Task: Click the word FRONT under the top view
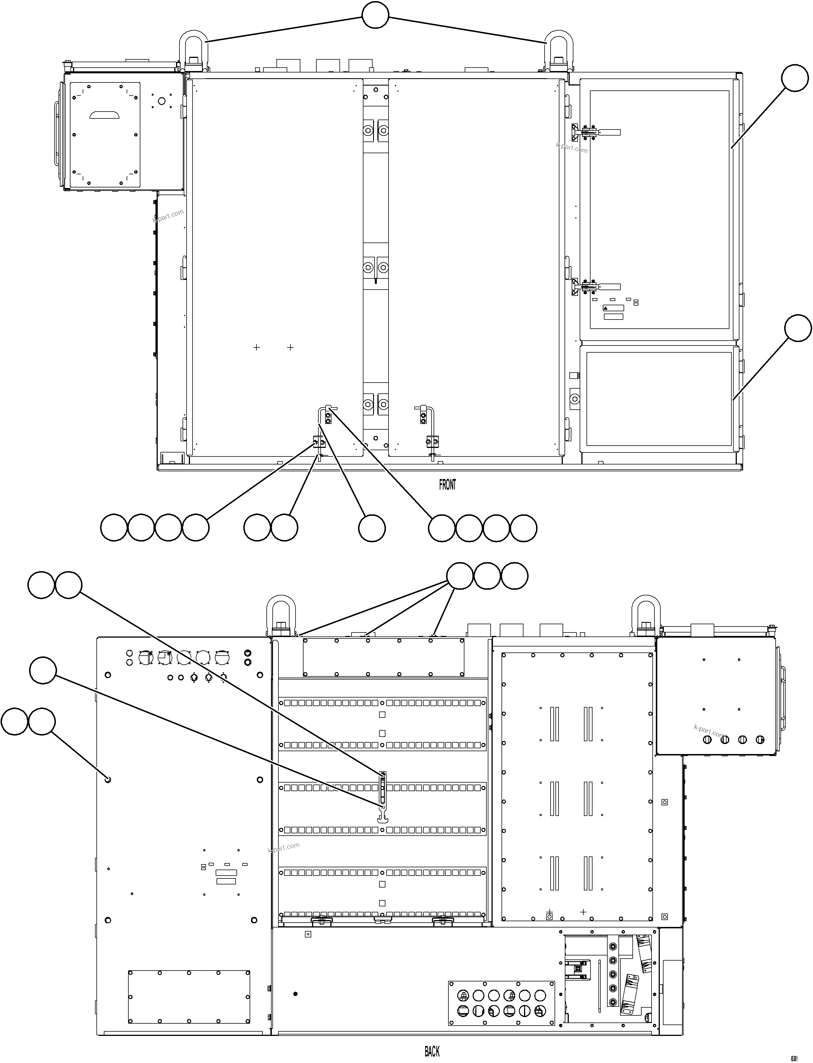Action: [447, 484]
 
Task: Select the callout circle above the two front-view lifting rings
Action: [375, 15]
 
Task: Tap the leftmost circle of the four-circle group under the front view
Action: [114, 528]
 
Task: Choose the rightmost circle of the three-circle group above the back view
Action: [514, 576]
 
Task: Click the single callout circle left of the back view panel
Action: [43, 670]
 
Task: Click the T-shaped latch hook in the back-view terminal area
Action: [382, 818]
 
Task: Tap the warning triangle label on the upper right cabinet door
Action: [606, 308]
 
